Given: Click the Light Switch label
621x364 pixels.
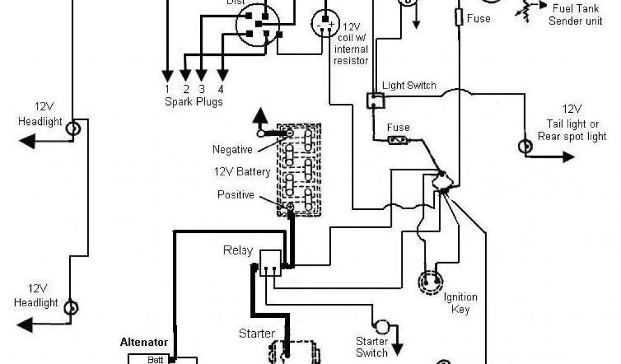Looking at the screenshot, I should [x=409, y=86].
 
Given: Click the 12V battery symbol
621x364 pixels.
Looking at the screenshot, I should [x=299, y=169].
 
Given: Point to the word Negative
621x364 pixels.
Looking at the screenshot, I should [x=232, y=149].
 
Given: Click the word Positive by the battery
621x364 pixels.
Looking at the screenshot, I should [x=236, y=195].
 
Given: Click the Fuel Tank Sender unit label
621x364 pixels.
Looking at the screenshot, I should [x=575, y=15].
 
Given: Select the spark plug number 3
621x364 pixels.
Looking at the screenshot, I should [x=202, y=89].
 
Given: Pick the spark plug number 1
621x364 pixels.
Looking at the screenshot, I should [x=166, y=89].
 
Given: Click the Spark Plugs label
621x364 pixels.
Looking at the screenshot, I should [x=193, y=101].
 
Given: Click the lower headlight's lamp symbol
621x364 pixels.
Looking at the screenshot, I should [x=72, y=307].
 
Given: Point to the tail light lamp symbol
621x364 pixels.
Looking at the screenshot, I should [x=523, y=146].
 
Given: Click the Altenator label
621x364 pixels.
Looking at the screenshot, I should [x=144, y=343].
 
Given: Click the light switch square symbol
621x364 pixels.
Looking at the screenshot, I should [x=375, y=101].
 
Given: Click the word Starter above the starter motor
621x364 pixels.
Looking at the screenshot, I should [x=257, y=334].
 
